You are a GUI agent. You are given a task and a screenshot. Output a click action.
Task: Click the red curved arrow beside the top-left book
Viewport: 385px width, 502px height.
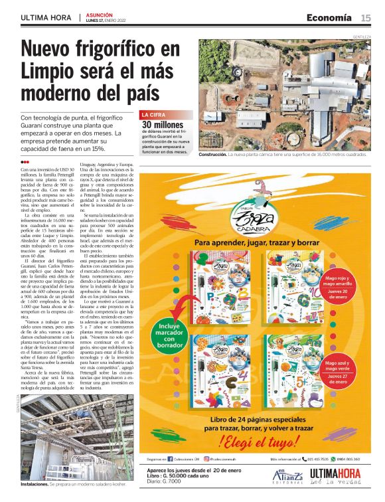tap(179, 305)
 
